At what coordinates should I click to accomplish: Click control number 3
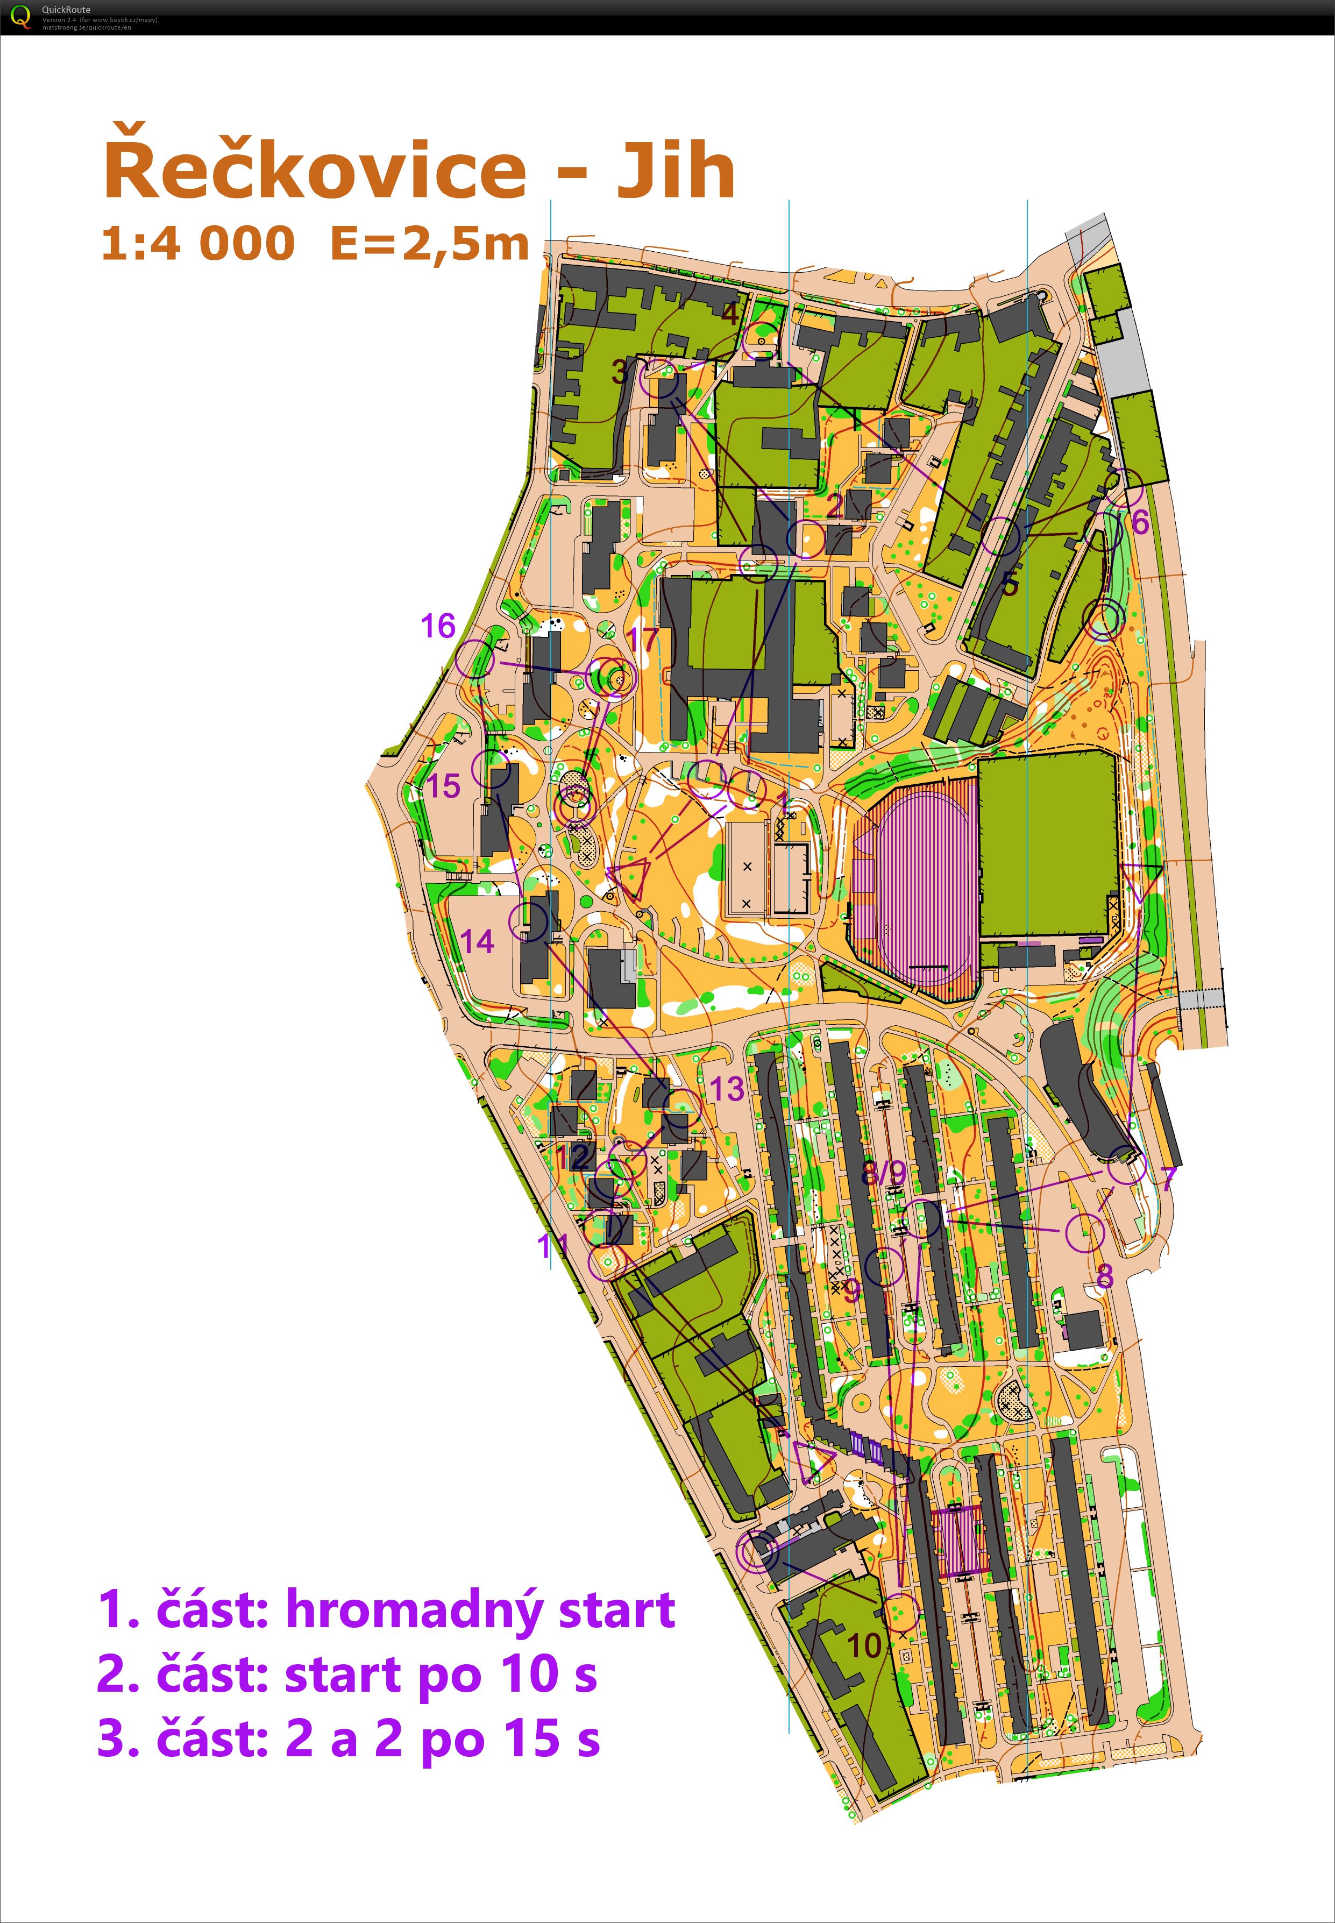(x=620, y=371)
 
